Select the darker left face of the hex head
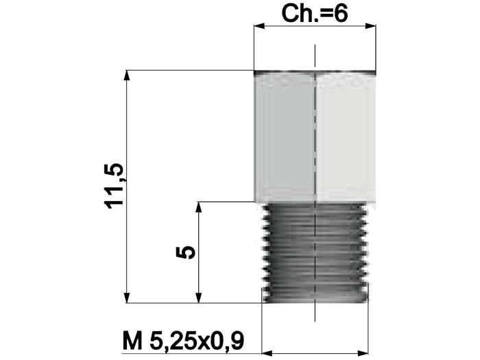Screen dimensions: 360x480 (285, 137)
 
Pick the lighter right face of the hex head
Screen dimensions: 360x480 (346, 137)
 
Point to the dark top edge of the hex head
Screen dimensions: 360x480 (315, 72)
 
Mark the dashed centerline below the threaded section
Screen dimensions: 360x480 (315, 312)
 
